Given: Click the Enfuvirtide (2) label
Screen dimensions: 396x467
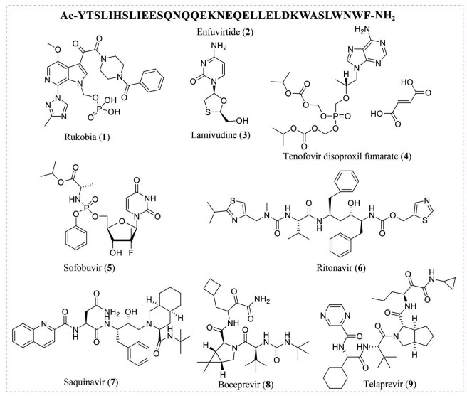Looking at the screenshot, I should (233, 31).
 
